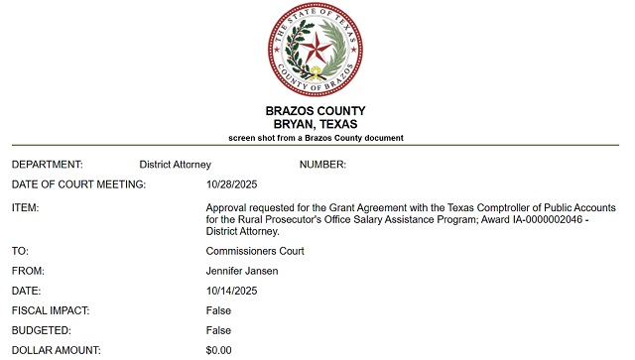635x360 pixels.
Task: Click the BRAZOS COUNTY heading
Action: [x=316, y=110]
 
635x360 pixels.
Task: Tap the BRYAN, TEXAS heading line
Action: [x=316, y=124]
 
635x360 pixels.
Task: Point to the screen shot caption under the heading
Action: [x=316, y=137]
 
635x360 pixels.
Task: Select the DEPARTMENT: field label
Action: [x=48, y=164]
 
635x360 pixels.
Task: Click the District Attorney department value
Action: [x=176, y=164]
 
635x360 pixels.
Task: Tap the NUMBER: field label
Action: [x=322, y=164]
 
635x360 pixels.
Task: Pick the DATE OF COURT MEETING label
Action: [x=79, y=184]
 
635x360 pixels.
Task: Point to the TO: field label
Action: [x=21, y=251]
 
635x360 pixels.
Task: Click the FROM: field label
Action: [x=29, y=271]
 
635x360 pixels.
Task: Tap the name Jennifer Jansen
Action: [x=243, y=271]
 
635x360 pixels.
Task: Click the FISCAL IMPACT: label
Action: [x=51, y=310]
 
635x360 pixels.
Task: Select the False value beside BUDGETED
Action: [x=218, y=330]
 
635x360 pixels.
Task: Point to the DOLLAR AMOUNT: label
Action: [x=58, y=350]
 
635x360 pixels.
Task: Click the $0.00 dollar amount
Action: [x=219, y=350]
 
